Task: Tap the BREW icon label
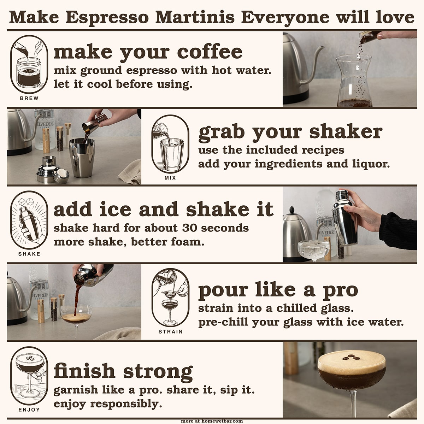29,98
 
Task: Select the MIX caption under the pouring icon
170,178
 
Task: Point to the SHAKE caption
29,254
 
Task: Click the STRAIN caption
170,331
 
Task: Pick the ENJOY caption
29,410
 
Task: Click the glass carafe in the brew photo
354,81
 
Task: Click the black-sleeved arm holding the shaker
397,231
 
